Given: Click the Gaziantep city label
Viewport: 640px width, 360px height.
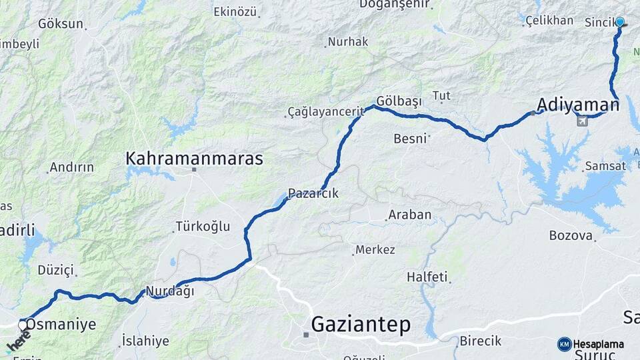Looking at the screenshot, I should pyautogui.click(x=361, y=325).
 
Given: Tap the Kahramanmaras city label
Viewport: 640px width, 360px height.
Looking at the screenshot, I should pyautogui.click(x=195, y=159).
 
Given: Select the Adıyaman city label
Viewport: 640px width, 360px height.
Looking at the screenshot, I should pyautogui.click(x=578, y=104).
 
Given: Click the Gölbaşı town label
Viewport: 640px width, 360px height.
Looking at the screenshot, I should pyautogui.click(x=399, y=101).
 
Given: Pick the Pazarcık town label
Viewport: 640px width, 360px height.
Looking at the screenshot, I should pyautogui.click(x=313, y=193).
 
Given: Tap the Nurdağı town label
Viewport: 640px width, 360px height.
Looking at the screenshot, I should pyautogui.click(x=169, y=291).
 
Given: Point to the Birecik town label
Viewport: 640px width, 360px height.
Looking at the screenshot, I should pyautogui.click(x=480, y=341).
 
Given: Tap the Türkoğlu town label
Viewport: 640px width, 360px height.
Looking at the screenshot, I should pyautogui.click(x=203, y=227).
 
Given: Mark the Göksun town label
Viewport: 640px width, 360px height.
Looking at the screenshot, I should pyautogui.click(x=61, y=24).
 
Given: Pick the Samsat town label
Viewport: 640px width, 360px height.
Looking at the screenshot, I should pyautogui.click(x=605, y=166).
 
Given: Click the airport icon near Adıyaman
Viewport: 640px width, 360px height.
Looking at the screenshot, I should pyautogui.click(x=582, y=121).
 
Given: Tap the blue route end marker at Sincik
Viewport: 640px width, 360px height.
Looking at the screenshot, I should pyautogui.click(x=620, y=22).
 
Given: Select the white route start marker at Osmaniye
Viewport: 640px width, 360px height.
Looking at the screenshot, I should pyautogui.click(x=23, y=325).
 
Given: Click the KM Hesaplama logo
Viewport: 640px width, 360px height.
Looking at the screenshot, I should pyautogui.click(x=591, y=344).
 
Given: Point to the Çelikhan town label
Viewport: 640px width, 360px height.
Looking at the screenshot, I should pyautogui.click(x=549, y=21).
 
